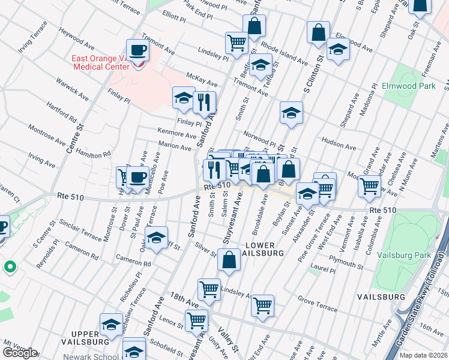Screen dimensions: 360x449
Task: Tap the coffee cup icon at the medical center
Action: point(137,50)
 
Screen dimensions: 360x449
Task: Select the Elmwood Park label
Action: point(408,86)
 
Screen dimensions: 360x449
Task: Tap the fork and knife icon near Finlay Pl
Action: point(205,102)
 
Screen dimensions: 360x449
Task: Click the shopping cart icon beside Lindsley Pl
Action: point(237,42)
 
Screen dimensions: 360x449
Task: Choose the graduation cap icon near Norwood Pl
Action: point(291,112)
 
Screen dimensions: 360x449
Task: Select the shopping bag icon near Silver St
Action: point(229,260)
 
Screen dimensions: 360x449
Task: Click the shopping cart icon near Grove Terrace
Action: point(262,305)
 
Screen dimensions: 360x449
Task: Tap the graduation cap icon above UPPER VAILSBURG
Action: point(111,325)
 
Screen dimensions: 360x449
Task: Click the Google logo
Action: point(19,353)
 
